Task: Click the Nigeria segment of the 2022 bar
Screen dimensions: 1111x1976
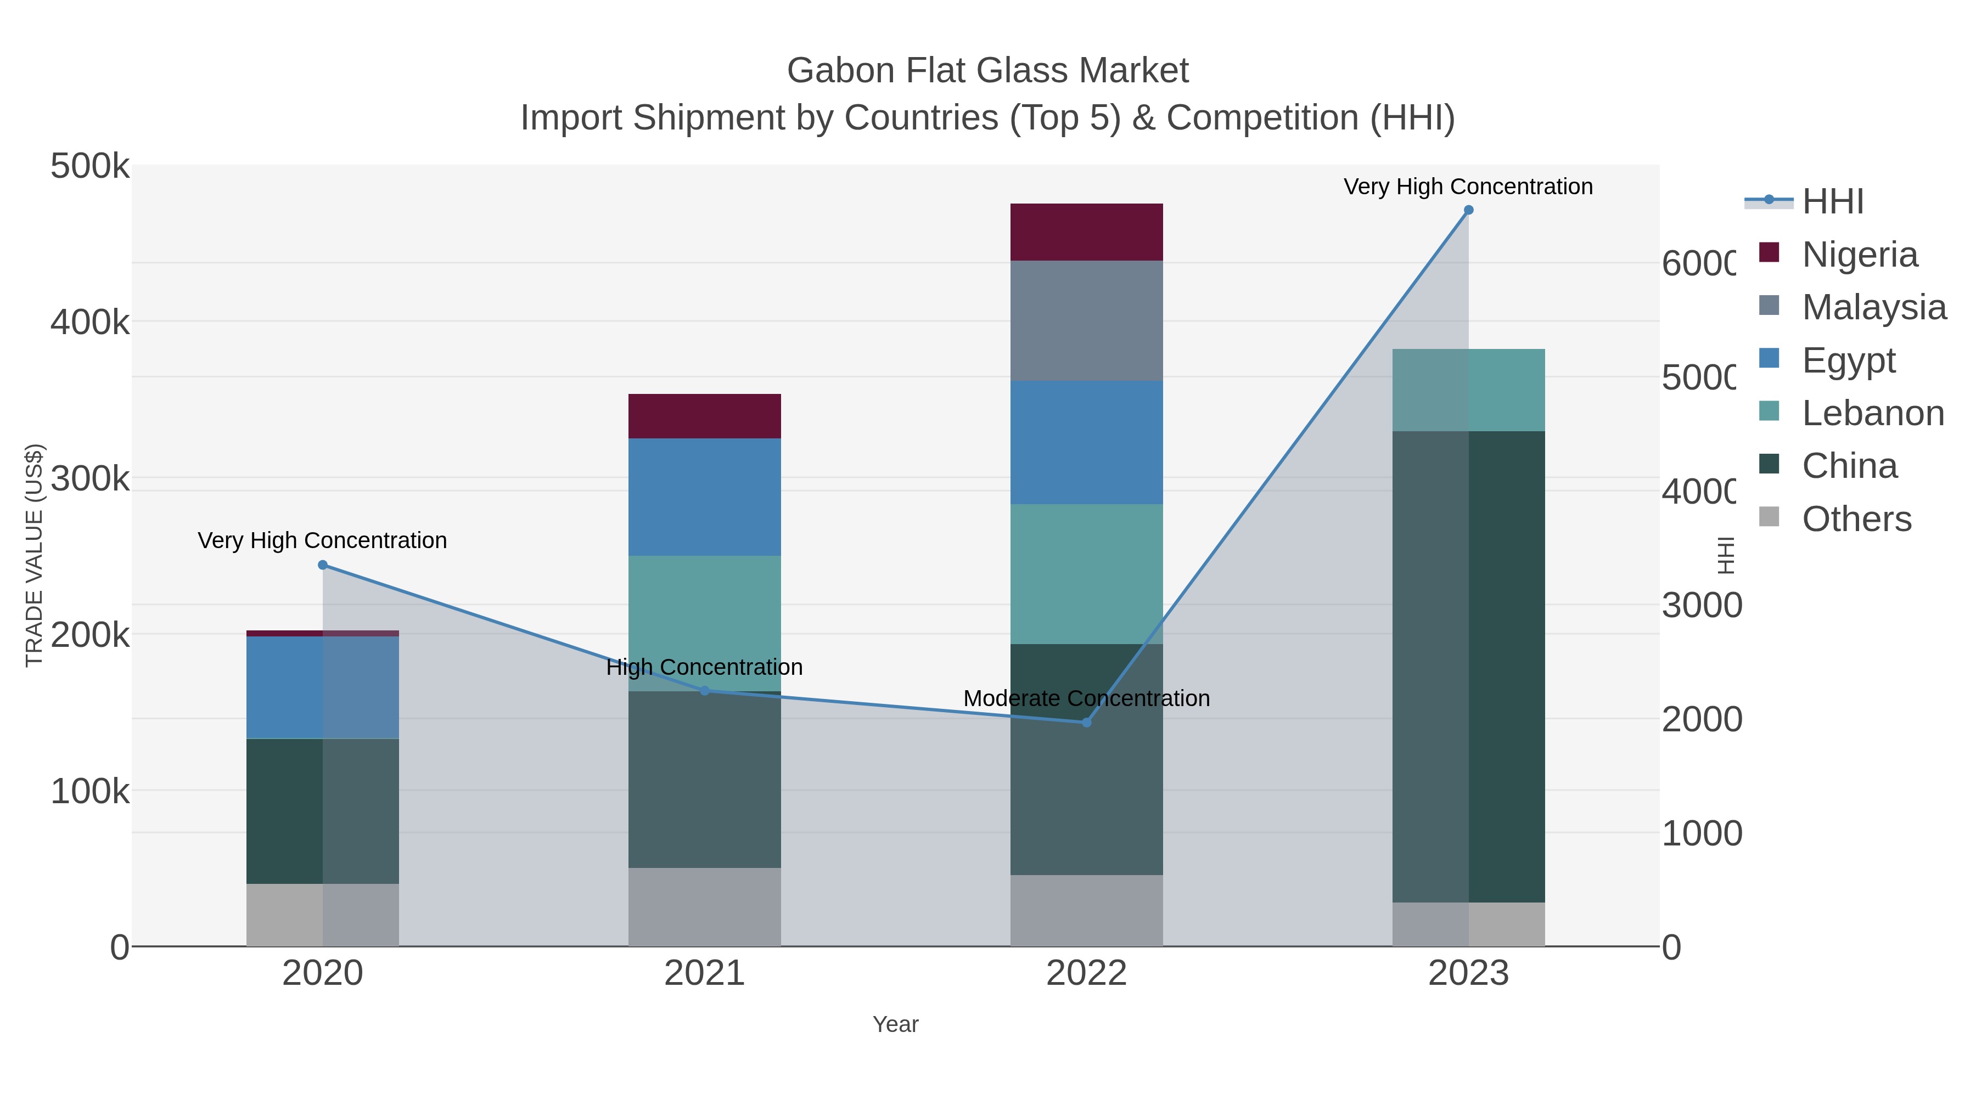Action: pyautogui.click(x=1086, y=232)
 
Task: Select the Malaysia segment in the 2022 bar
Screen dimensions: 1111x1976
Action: pyautogui.click(x=1086, y=320)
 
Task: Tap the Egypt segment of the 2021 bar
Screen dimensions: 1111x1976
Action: pyautogui.click(x=704, y=497)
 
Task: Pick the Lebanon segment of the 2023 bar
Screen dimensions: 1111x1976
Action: pyautogui.click(x=1468, y=390)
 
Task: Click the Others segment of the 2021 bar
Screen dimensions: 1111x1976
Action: pyautogui.click(x=704, y=906)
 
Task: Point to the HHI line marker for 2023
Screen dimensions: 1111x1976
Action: pyautogui.click(x=1468, y=210)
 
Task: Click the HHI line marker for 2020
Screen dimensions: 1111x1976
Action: pyautogui.click(x=322, y=565)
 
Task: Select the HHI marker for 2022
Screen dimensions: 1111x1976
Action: pyautogui.click(x=1086, y=722)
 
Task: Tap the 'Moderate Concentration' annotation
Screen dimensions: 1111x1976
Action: pyautogui.click(x=1086, y=698)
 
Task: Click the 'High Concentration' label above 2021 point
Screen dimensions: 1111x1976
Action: pyautogui.click(x=704, y=667)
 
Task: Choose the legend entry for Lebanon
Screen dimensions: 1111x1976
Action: pyautogui.click(x=1872, y=413)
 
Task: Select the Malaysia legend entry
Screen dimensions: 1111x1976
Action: pyautogui.click(x=1873, y=307)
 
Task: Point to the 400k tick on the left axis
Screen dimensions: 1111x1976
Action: pyautogui.click(x=90, y=323)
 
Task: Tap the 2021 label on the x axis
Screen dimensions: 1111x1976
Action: pyautogui.click(x=704, y=974)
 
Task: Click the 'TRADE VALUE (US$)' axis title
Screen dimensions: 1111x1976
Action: pyautogui.click(x=33, y=555)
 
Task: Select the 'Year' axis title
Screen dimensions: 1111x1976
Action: pyautogui.click(x=895, y=1024)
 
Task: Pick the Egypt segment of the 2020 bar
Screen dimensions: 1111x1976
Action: pyautogui.click(x=322, y=687)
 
